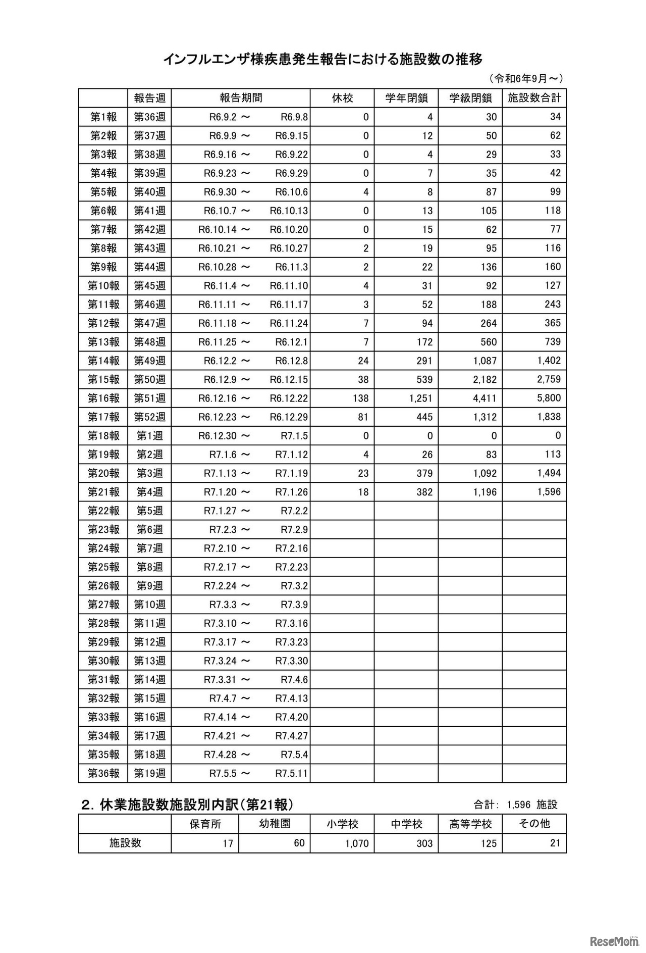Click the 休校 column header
(x=342, y=98)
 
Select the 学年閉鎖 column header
(x=406, y=98)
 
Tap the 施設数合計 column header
(x=534, y=98)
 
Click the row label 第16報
(x=103, y=398)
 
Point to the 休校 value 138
(x=360, y=398)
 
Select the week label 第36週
(x=149, y=117)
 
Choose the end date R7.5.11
(x=291, y=773)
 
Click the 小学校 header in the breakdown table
(x=342, y=824)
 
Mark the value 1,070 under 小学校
(x=357, y=843)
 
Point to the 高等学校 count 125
(x=488, y=843)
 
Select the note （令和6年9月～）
(x=525, y=78)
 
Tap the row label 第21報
(x=103, y=492)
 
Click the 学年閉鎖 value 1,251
(x=420, y=398)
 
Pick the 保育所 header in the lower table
(x=205, y=824)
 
